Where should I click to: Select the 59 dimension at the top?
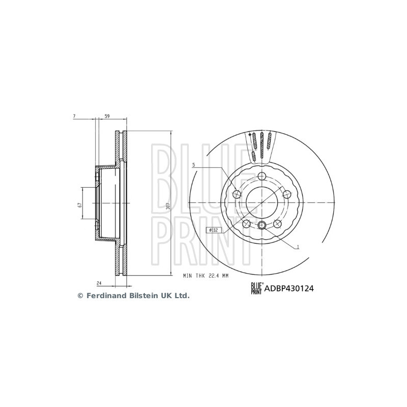(x=107, y=117)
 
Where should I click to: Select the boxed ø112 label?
(x=212, y=230)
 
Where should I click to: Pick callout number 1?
(x=298, y=247)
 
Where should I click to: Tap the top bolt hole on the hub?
(x=262, y=177)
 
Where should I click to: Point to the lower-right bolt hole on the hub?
(x=278, y=224)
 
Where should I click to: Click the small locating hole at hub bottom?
(x=262, y=226)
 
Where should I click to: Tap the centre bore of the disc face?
(x=262, y=202)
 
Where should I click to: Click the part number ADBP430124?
(x=288, y=288)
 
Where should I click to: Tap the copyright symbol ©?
(x=79, y=296)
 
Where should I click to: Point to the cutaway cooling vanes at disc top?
(x=262, y=145)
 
